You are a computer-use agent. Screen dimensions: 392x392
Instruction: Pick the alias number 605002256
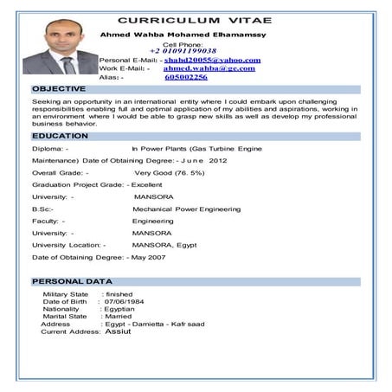(186, 77)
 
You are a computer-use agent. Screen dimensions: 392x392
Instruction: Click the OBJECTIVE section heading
(59, 88)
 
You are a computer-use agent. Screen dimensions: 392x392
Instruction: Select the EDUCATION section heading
(60, 136)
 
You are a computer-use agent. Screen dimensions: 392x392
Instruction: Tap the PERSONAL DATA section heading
(72, 281)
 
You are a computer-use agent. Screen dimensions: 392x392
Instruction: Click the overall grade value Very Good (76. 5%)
(170, 172)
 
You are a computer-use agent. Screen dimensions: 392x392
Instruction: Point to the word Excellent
(146, 184)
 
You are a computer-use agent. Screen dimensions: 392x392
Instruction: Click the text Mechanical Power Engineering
(186, 209)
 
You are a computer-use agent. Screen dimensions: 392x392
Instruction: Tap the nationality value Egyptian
(118, 309)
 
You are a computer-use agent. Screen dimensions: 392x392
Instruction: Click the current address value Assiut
(118, 331)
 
